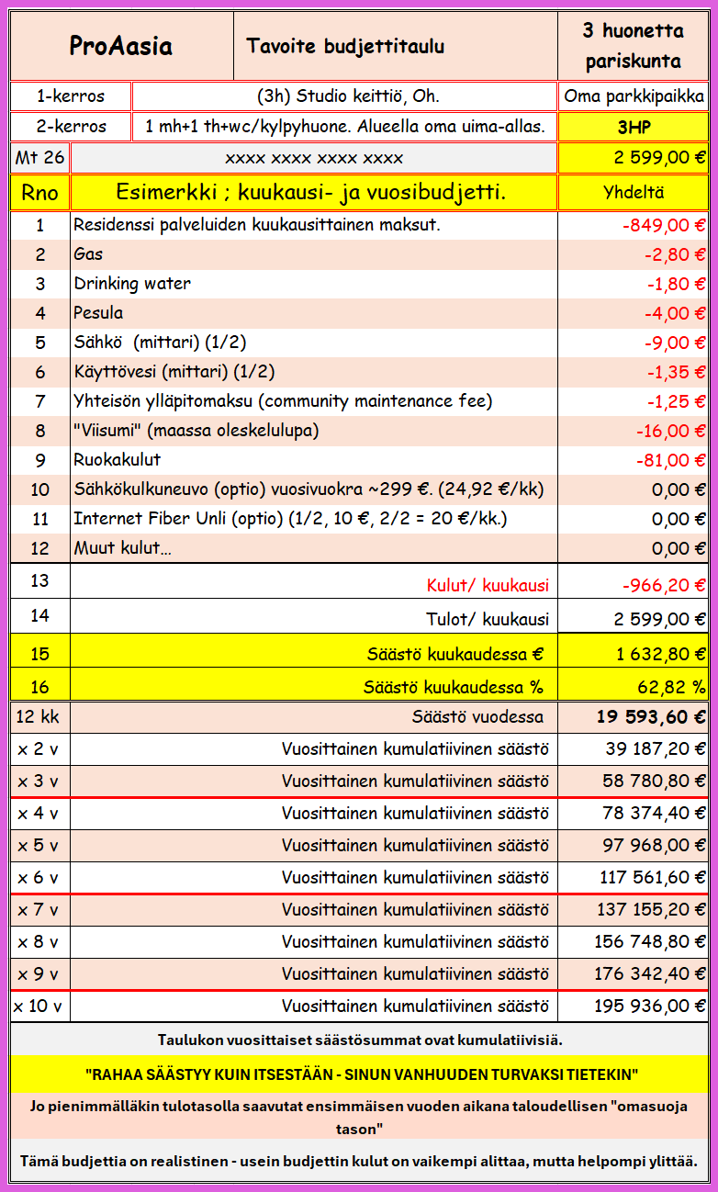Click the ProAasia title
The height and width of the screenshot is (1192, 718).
pyautogui.click(x=121, y=46)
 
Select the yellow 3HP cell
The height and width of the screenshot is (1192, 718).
pyautogui.click(x=634, y=127)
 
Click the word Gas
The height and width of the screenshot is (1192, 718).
pyautogui.click(x=88, y=254)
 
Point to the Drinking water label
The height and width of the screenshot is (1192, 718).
pyautogui.click(x=132, y=284)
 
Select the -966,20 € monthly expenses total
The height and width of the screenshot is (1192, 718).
pyautogui.click(x=660, y=585)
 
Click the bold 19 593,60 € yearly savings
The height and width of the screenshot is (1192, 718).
pyautogui.click(x=651, y=717)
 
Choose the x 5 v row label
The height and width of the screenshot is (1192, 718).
pyautogui.click(x=38, y=845)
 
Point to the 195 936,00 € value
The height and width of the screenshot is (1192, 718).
pyautogui.click(x=649, y=1006)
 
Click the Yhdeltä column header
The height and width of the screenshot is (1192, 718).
pyautogui.click(x=634, y=193)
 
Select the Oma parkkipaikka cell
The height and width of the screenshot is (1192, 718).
pyautogui.click(x=634, y=96)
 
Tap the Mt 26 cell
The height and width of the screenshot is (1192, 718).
pyautogui.click(x=39, y=157)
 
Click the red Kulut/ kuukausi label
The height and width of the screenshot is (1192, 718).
pyautogui.click(x=488, y=585)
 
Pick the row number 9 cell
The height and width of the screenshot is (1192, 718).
pyautogui.click(x=39, y=460)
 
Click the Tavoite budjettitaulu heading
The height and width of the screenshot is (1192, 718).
pyautogui.click(x=345, y=46)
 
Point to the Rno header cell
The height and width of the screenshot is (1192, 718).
pyautogui.click(x=39, y=193)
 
